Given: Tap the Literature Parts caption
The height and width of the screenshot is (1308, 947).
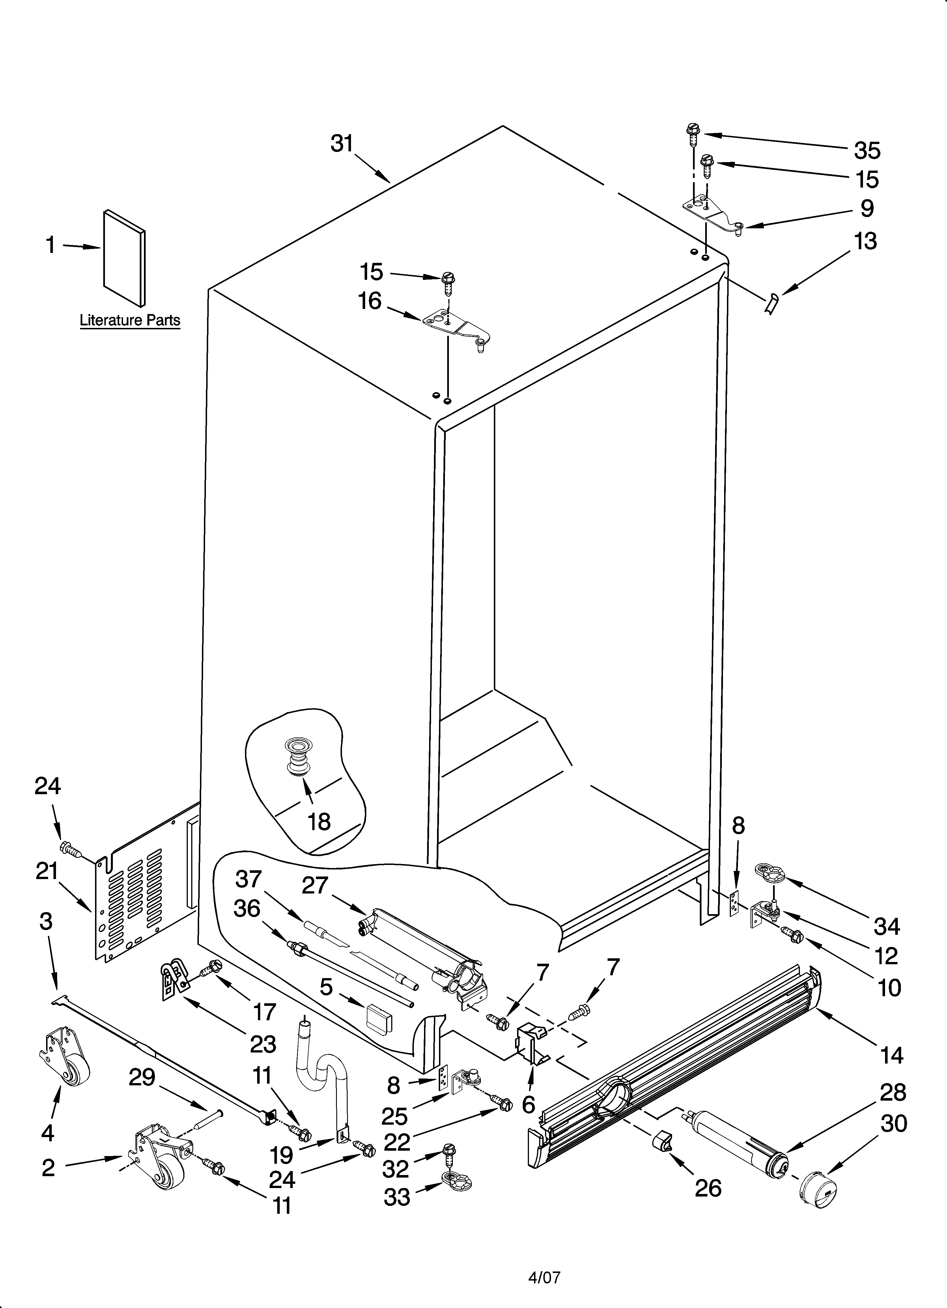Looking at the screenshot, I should point(130,320).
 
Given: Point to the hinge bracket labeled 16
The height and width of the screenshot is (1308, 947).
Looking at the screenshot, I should point(456,328).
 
